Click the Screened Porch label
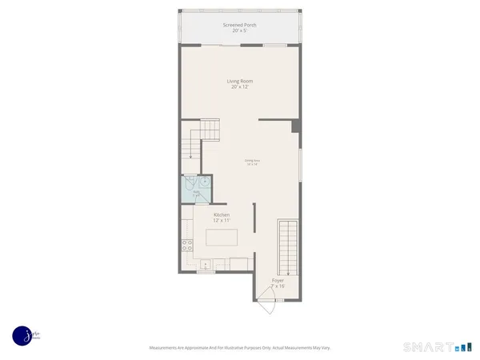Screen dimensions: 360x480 (239, 24)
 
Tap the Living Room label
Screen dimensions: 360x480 (239, 81)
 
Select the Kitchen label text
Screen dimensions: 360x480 (222, 215)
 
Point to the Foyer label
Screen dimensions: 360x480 (278, 281)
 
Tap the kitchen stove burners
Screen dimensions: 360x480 (186, 246)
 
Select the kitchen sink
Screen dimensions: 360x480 (206, 263)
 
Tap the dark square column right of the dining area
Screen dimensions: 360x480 (296, 126)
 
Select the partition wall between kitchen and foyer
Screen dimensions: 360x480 (254, 226)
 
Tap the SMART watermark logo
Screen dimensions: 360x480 (430, 347)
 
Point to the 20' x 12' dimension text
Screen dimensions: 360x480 (239, 86)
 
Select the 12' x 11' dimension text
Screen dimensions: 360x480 (222, 222)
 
